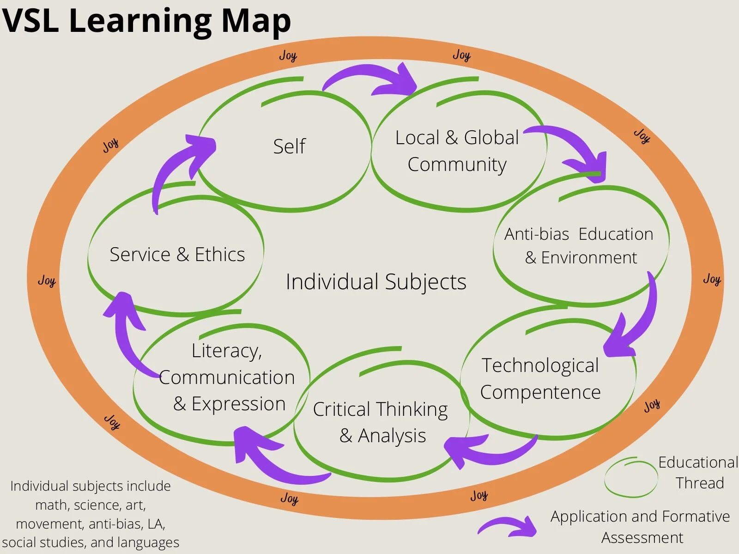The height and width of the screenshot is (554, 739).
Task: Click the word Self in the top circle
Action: [x=289, y=146]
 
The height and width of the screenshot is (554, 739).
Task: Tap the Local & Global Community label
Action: [x=457, y=151]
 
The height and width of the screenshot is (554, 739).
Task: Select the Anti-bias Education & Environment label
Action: [x=579, y=246]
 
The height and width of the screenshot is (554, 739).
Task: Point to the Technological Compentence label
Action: [x=540, y=378]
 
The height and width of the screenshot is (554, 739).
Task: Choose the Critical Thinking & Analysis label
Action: [x=381, y=422]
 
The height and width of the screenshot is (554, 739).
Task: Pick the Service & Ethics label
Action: [x=177, y=255]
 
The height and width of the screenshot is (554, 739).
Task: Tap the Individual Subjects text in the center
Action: [x=376, y=282]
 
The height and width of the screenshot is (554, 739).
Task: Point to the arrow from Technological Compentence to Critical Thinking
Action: [x=490, y=451]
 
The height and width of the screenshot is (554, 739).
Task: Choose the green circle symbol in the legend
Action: [x=630, y=478]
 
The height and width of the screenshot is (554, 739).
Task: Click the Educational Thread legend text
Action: [x=698, y=472]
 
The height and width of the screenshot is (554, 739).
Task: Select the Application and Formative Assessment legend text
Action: [x=641, y=527]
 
